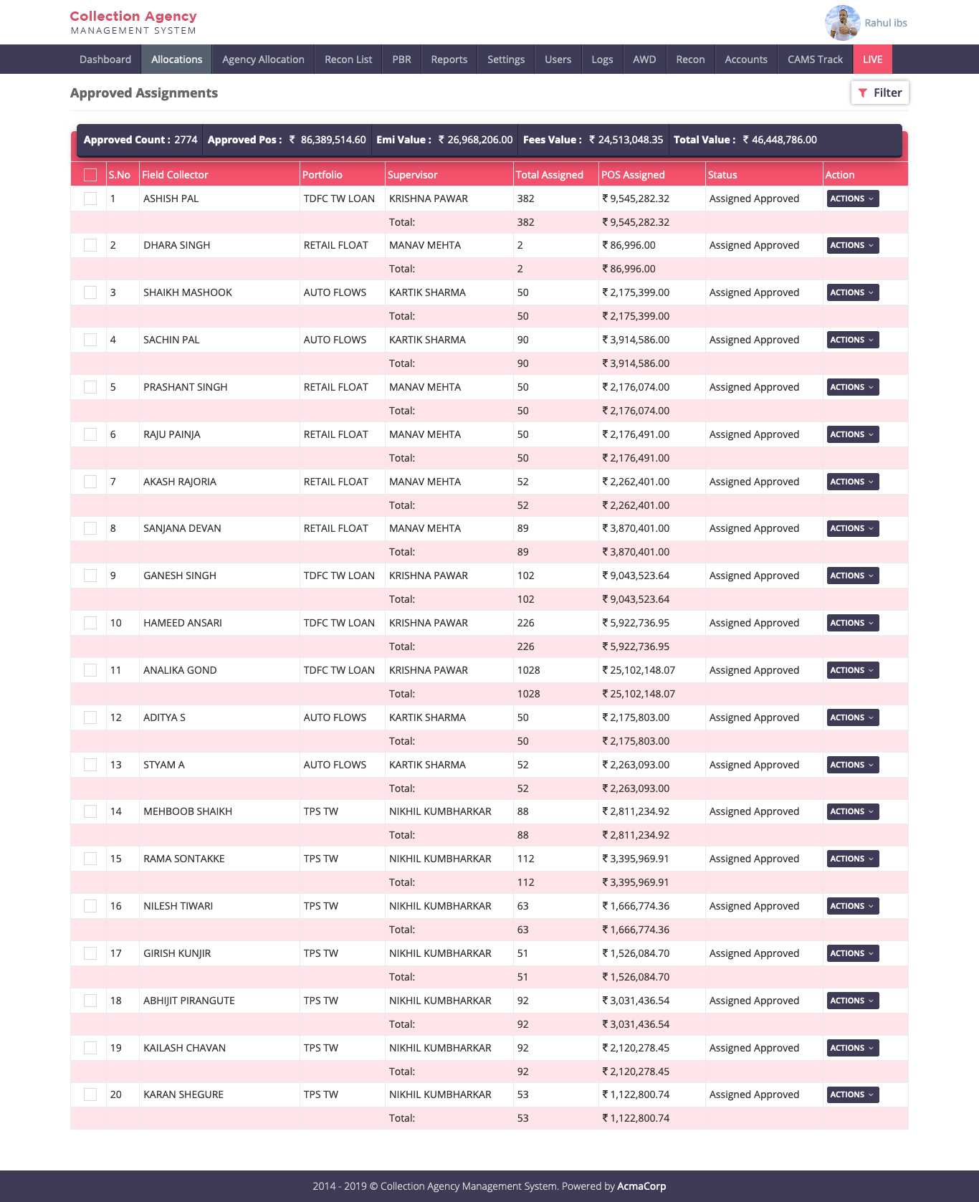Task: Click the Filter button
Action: pyautogui.click(x=880, y=92)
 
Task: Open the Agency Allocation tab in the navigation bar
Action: pyautogui.click(x=263, y=59)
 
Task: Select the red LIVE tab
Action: pyautogui.click(x=872, y=59)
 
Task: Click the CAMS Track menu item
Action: pyautogui.click(x=815, y=59)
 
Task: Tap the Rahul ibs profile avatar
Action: pyautogui.click(x=842, y=23)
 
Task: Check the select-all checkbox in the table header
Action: pyautogui.click(x=90, y=175)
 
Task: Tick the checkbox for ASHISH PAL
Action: pyautogui.click(x=90, y=199)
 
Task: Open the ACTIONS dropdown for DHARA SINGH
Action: pyautogui.click(x=852, y=245)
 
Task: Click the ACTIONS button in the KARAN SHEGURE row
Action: pyautogui.click(x=852, y=1094)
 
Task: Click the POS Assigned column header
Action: pyautogui.click(x=633, y=175)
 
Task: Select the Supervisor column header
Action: pyautogui.click(x=412, y=175)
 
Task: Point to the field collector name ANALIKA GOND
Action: pyautogui.click(x=180, y=670)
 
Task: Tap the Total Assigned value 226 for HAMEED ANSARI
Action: pyautogui.click(x=525, y=623)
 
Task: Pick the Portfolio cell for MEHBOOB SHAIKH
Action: pyautogui.click(x=320, y=811)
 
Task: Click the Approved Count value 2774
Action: pyautogui.click(x=186, y=140)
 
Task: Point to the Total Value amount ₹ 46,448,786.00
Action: pyautogui.click(x=780, y=140)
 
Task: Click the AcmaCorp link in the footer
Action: pyautogui.click(x=641, y=1186)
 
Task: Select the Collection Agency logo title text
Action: pyautogui.click(x=133, y=16)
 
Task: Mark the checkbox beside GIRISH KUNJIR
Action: pyautogui.click(x=90, y=953)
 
